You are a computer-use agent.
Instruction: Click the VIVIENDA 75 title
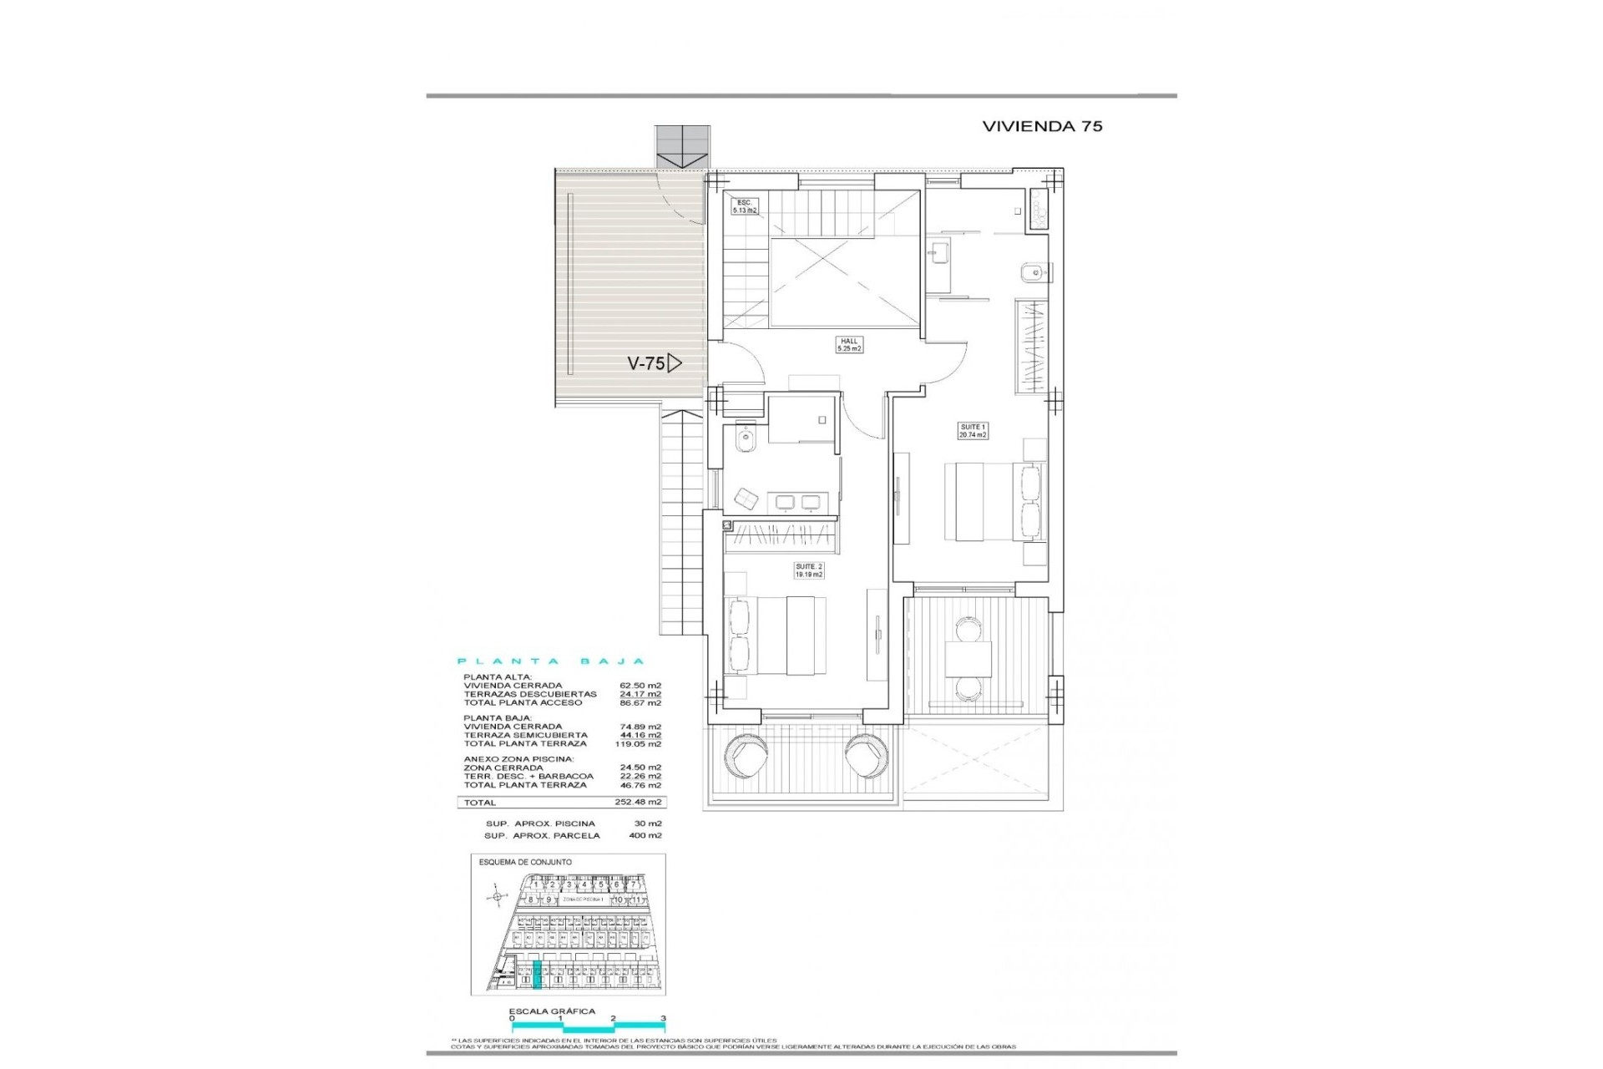(x=1042, y=126)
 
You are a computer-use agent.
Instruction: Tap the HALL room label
(x=849, y=345)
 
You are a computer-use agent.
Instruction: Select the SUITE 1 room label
(x=973, y=431)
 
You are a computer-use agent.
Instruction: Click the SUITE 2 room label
(x=809, y=570)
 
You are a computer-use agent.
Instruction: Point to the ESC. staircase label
(x=745, y=206)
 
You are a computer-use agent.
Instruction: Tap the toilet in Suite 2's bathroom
(x=746, y=439)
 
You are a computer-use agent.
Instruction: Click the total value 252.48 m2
(x=645, y=802)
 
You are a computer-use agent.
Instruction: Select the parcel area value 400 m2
(x=645, y=835)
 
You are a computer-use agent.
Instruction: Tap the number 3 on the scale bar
(x=663, y=1019)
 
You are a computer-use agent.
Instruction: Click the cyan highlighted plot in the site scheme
(x=537, y=975)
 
